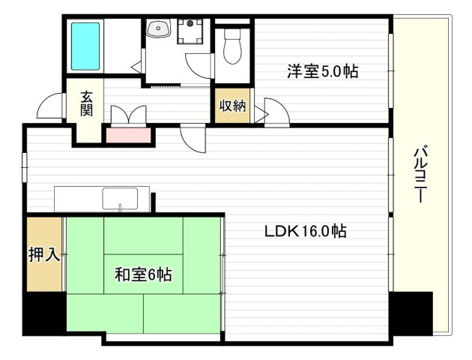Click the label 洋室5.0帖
pyautogui.click(x=322, y=72)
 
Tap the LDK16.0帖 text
pyautogui.click(x=304, y=231)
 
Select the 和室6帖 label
pyautogui.click(x=143, y=275)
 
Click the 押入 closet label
pyautogui.click(x=43, y=255)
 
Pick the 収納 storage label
pyautogui.click(x=232, y=106)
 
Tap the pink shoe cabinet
pyautogui.click(x=128, y=136)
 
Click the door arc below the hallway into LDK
pyautogui.click(x=193, y=139)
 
